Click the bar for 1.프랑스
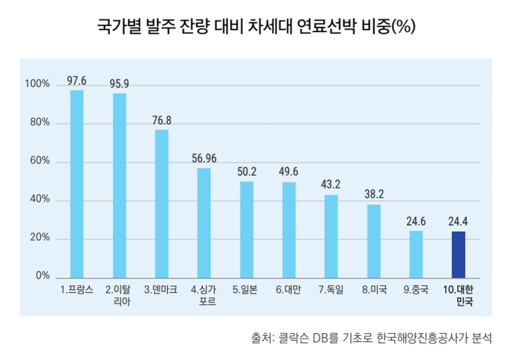tap(77, 183)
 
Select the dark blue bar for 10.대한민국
tap(458, 254)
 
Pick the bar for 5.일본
tap(247, 229)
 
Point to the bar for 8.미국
tap(374, 241)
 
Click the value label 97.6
tap(77, 82)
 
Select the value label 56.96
tap(204, 159)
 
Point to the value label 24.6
tap(416, 221)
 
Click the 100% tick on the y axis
tap(37, 85)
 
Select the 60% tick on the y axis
tap(40, 162)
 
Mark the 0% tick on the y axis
tap(42, 276)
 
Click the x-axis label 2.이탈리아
tap(119, 296)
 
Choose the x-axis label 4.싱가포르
tap(204, 296)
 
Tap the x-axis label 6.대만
tap(289, 290)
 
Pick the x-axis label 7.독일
tap(332, 290)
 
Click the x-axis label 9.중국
tap(416, 290)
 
